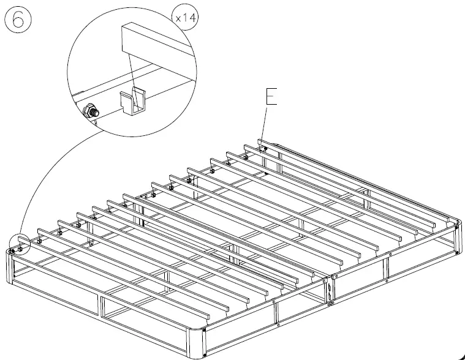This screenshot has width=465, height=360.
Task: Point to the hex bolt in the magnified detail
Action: coord(90,111)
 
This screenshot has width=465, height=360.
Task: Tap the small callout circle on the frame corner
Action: coord(20,243)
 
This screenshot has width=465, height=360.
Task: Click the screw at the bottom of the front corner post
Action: coord(203,354)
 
